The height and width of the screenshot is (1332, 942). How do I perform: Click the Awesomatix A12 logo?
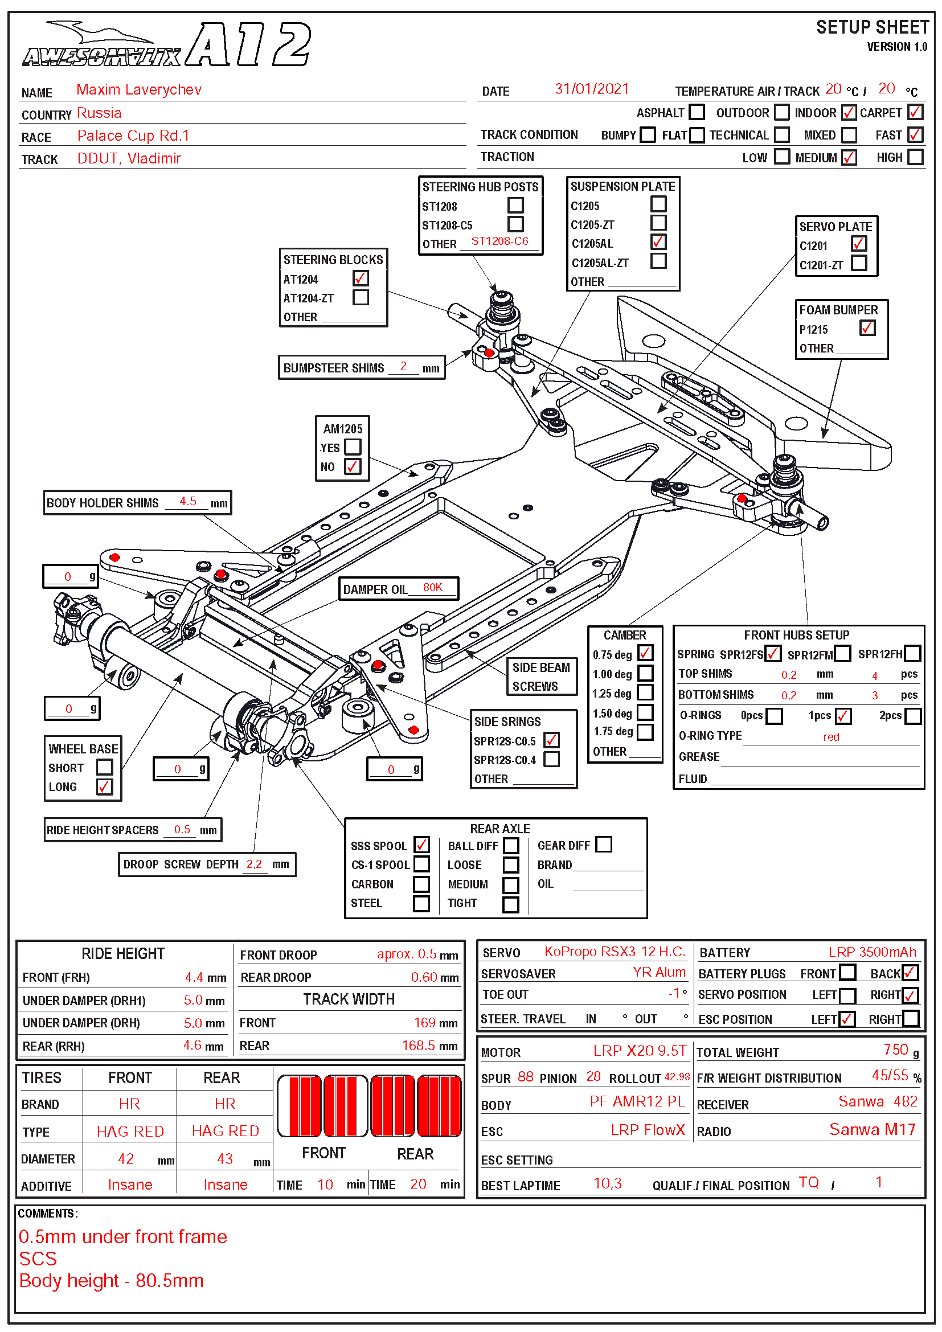(166, 44)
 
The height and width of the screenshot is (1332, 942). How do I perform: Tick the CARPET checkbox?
(915, 112)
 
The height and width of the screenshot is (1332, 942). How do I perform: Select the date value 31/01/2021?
(592, 89)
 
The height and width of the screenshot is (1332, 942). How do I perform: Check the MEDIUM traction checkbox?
(849, 157)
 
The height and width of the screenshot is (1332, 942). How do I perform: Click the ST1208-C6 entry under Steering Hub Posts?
(499, 241)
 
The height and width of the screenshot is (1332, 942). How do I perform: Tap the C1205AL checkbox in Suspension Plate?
(658, 242)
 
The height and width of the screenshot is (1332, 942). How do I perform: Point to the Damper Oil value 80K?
(433, 587)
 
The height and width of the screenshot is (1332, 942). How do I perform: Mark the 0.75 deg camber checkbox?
(646, 653)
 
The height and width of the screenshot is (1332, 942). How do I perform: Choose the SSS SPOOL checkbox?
(421, 845)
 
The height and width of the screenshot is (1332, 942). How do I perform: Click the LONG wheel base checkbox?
(104, 786)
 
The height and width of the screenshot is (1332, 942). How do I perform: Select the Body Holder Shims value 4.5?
(188, 501)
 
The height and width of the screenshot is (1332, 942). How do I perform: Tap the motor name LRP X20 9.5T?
(639, 1051)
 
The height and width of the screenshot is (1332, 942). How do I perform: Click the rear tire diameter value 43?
(225, 1158)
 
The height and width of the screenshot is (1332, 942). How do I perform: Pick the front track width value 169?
(425, 1023)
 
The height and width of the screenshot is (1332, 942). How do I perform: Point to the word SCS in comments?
(38, 1259)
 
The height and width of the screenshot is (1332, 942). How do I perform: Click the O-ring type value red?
(831, 737)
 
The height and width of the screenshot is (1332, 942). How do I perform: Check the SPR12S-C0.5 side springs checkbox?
(552, 740)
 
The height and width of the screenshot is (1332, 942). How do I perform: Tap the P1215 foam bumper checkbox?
(867, 329)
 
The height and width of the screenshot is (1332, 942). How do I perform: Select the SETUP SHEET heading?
(873, 27)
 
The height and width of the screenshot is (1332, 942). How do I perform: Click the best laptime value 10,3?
(607, 1183)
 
